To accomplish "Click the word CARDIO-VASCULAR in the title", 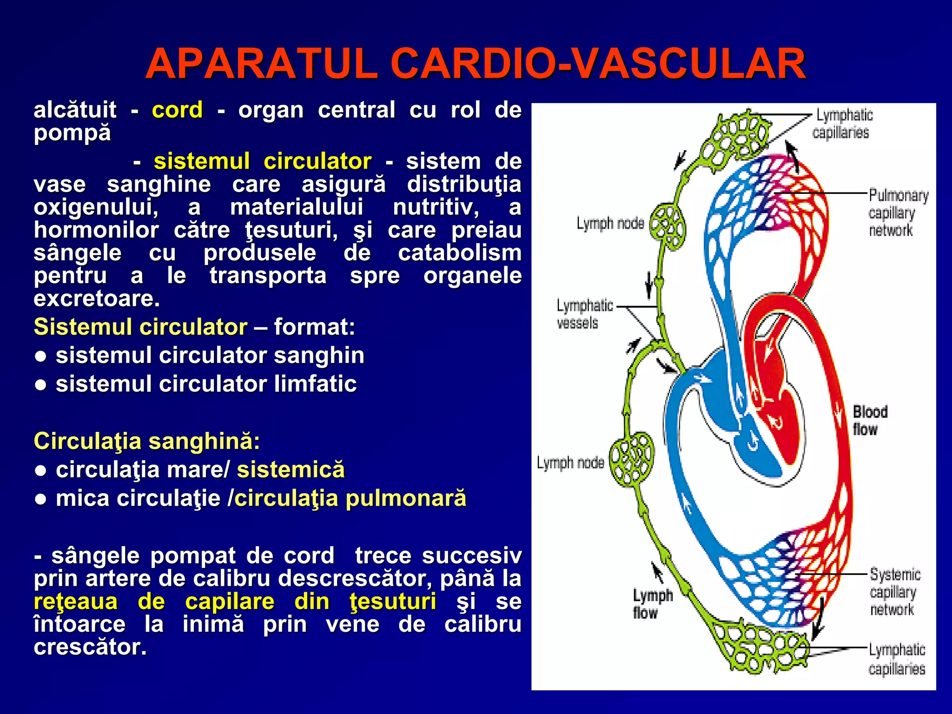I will (x=598, y=64).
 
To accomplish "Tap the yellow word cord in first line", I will (x=177, y=110).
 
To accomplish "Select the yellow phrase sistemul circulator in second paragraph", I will (x=262, y=161).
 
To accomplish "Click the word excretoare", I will (x=97, y=298).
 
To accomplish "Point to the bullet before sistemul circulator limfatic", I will (x=41, y=385).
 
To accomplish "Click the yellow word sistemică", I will (x=291, y=469).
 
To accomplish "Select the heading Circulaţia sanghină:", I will (x=147, y=441).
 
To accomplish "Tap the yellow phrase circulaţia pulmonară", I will (x=350, y=498).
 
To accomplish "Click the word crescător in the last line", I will (x=89, y=647).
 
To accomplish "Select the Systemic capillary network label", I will (x=894, y=592).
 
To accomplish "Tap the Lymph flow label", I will (x=652, y=604).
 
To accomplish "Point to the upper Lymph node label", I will (x=610, y=224).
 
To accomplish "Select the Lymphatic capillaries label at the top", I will (x=842, y=124).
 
